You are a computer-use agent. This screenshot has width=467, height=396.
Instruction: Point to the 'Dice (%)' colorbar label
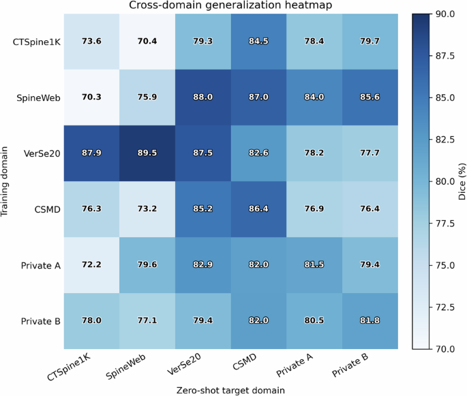[462, 181]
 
